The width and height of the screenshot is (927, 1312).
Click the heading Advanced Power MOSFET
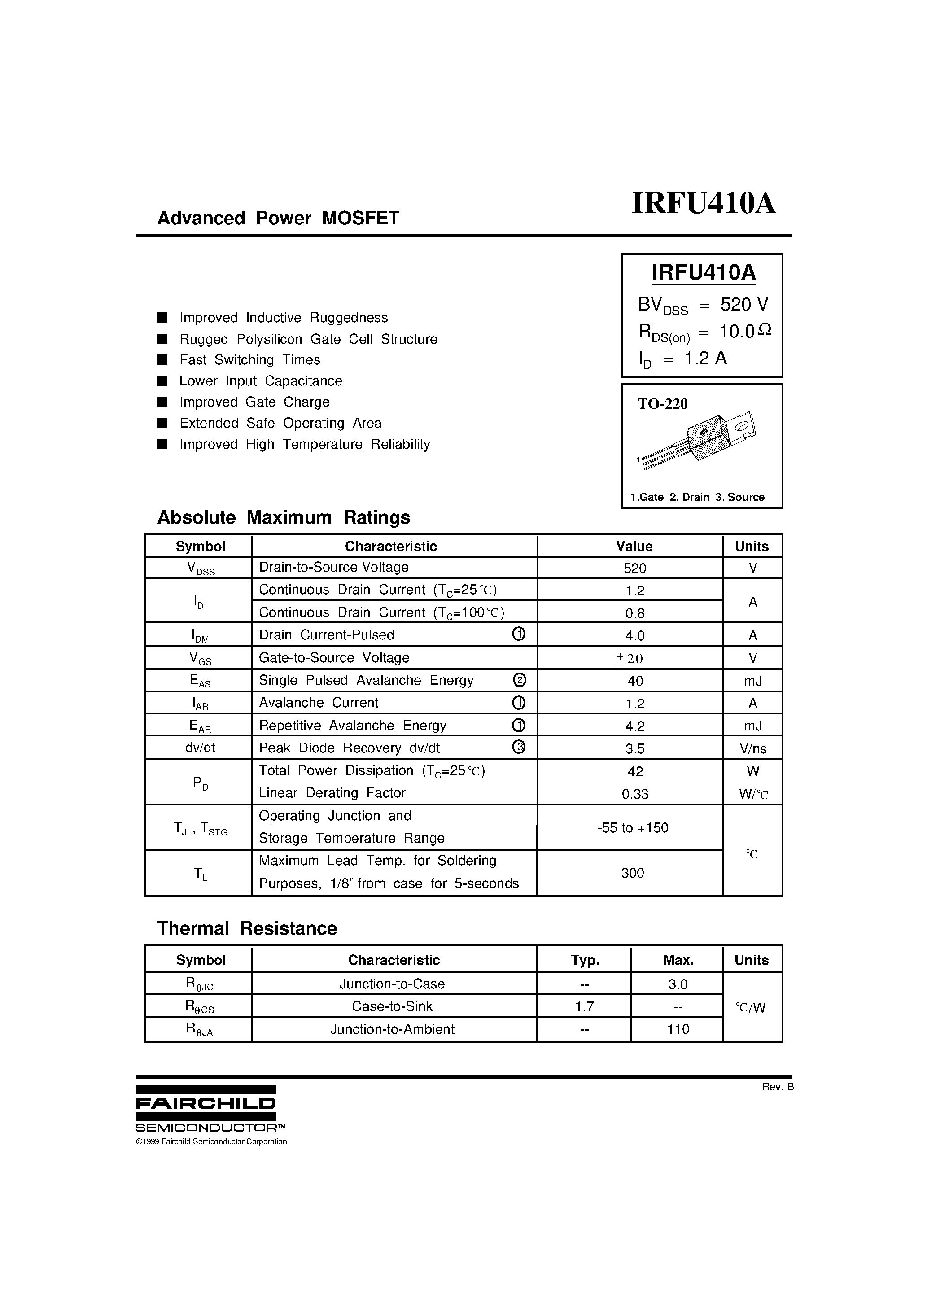click(278, 218)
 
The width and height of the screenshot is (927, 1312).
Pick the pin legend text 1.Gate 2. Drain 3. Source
click(697, 497)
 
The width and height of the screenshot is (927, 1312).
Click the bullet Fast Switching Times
click(250, 360)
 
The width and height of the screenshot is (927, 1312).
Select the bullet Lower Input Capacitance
click(261, 381)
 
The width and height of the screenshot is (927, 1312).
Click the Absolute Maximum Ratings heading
click(284, 518)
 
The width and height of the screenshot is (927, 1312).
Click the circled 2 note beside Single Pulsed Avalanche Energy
click(520, 680)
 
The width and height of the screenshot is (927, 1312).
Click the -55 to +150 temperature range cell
click(632, 828)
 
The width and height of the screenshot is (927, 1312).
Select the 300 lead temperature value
click(632, 873)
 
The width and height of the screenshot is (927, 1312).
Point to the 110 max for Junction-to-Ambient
click(678, 1030)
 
